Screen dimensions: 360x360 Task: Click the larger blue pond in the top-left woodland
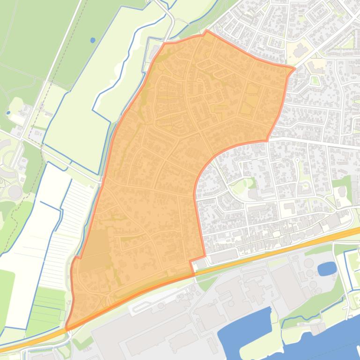[92, 40]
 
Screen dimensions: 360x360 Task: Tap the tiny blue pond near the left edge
[8, 113]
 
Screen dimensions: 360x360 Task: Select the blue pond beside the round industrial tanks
[327, 268]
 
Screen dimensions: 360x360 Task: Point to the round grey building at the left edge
[15, 192]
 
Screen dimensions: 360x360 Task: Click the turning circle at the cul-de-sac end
[297, 160]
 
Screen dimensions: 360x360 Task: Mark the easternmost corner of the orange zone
[295, 69]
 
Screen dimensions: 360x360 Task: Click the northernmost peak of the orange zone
[206, 31]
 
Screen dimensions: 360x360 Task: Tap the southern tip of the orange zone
[66, 329]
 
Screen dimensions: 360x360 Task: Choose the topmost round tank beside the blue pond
[309, 261]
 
